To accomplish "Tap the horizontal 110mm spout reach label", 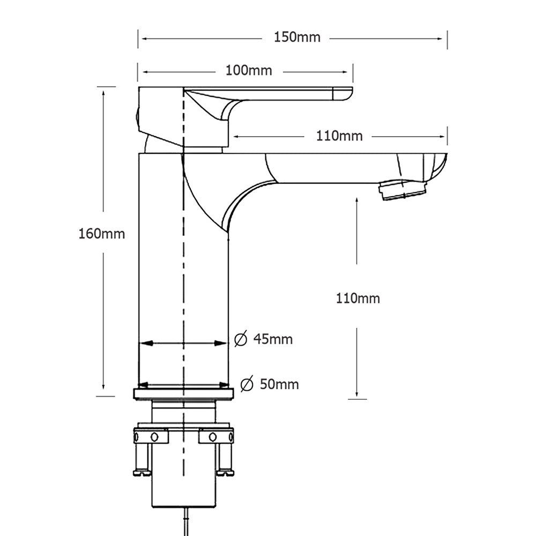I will (x=339, y=136).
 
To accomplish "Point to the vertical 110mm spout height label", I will (x=358, y=298).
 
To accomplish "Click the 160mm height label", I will (x=102, y=234).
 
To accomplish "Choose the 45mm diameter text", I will (x=273, y=339).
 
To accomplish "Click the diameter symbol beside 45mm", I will (x=241, y=339).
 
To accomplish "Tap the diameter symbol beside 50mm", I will (x=247, y=384).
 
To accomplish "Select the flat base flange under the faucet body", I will (x=184, y=394).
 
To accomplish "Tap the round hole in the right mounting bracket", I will (x=212, y=437).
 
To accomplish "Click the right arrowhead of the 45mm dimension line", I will (x=224, y=343).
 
